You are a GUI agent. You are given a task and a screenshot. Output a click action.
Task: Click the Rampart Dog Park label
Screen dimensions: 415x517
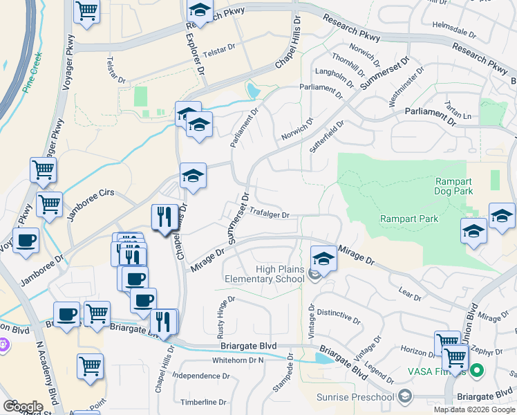point(453,186)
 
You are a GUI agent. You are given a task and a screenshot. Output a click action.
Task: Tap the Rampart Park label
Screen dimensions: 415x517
point(409,219)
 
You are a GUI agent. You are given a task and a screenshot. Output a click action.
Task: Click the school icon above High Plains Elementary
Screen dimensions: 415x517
point(323,259)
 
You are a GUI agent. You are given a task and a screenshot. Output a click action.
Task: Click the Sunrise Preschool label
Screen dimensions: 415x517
point(355,397)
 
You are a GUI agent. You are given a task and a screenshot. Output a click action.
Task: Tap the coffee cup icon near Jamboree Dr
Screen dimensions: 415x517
point(26,241)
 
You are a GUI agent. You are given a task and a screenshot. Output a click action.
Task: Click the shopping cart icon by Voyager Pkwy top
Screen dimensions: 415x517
point(86,11)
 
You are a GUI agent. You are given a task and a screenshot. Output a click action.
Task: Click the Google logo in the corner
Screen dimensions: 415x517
point(22,407)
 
